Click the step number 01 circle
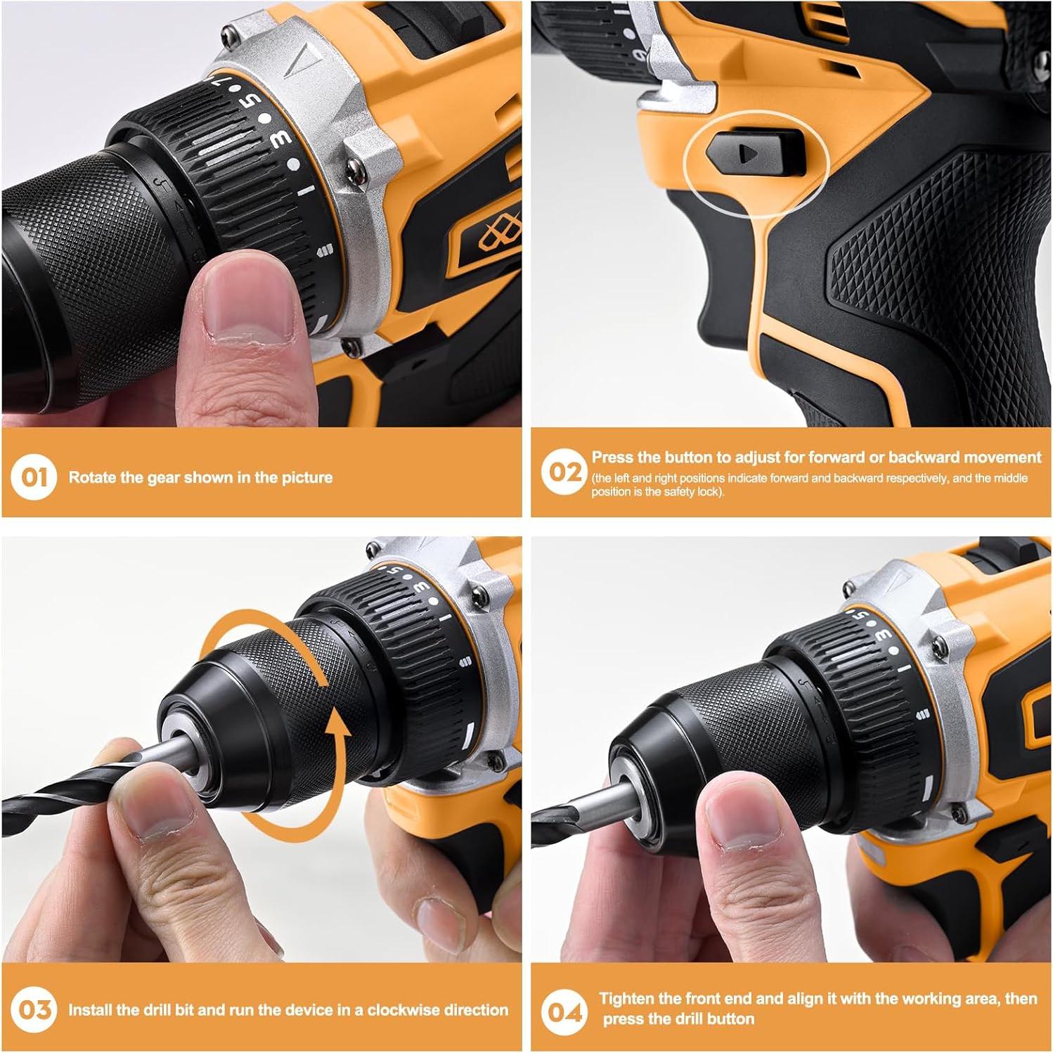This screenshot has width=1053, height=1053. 33,477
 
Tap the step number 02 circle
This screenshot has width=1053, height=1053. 564,472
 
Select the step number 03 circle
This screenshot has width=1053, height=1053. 33,1010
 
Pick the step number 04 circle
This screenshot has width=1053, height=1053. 564,1012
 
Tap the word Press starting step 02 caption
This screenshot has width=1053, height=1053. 614,458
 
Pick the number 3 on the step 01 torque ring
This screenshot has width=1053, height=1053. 280,139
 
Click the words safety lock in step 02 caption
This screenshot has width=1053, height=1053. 682,491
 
